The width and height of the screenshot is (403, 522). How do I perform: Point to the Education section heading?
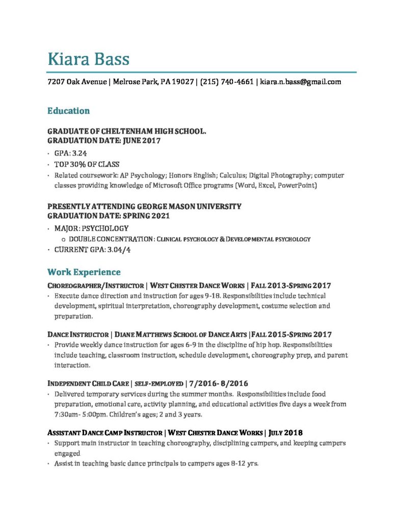click(68, 111)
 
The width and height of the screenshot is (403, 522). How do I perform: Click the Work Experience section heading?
click(84, 272)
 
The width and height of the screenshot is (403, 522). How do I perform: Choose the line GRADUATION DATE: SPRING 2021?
click(108, 216)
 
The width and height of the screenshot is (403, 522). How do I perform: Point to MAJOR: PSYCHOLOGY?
click(91, 228)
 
